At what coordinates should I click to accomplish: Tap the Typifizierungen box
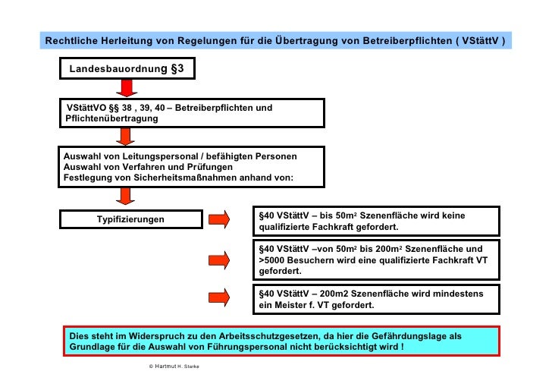[130, 220]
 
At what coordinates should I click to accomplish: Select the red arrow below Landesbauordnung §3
[127, 89]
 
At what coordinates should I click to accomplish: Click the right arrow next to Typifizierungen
[219, 220]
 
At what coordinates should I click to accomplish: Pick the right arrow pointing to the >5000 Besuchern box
[219, 260]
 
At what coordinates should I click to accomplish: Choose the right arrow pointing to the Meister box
[219, 295]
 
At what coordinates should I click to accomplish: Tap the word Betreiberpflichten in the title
[397, 39]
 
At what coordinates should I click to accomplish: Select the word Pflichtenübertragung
[112, 119]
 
